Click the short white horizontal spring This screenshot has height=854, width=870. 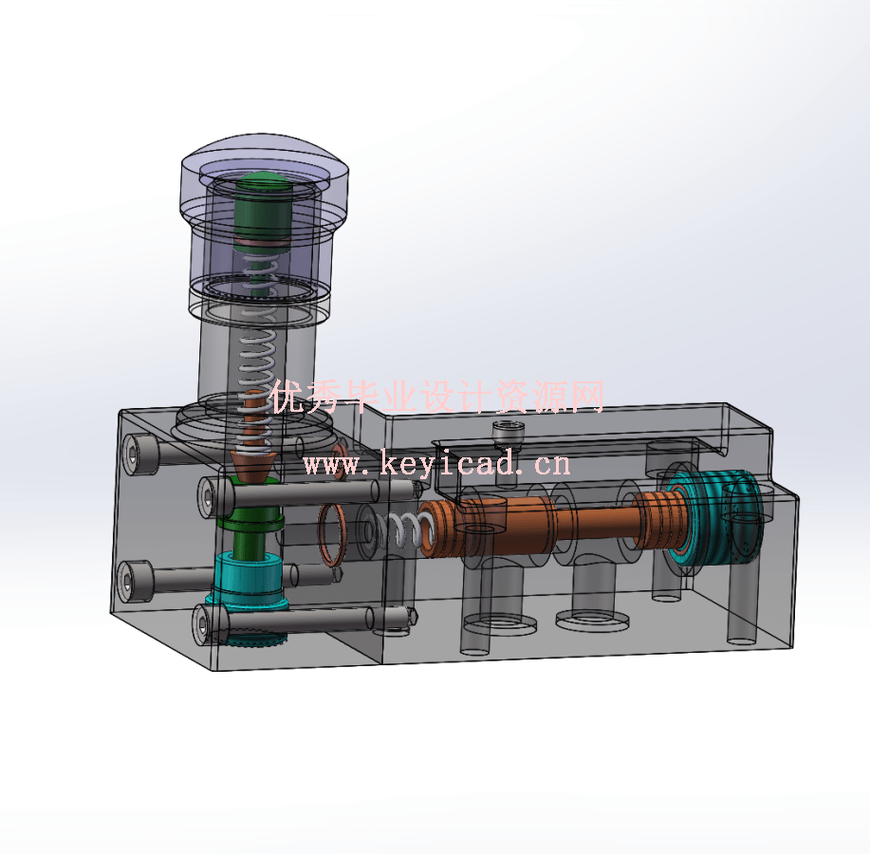tap(403, 531)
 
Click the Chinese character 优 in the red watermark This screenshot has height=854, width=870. tap(287, 398)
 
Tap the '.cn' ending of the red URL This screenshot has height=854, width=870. tap(551, 464)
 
